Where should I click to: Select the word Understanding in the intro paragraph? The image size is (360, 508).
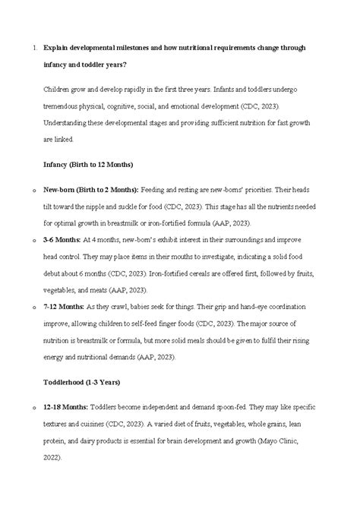point(71,123)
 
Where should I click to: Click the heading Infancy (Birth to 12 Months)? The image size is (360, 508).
point(88,164)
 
